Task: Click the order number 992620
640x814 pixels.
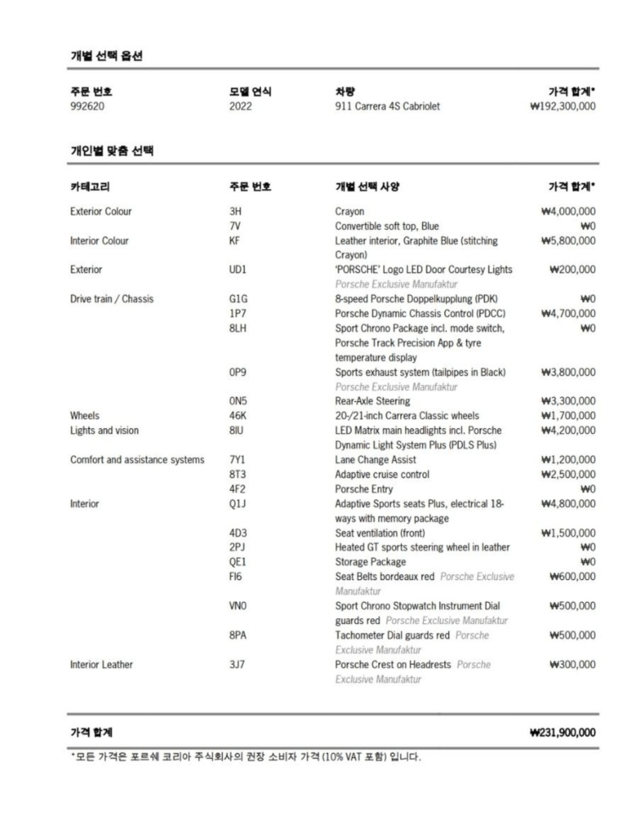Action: coord(87,107)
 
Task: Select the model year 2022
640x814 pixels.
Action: coord(240,107)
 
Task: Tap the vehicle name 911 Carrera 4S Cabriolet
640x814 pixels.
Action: coord(387,107)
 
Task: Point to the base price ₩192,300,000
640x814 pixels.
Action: coord(561,107)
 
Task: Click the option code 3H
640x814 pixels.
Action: coord(235,210)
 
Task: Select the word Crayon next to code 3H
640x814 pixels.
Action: coord(350,210)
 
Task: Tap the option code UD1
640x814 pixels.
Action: coord(238,270)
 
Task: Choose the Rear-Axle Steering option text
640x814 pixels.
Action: coord(373,400)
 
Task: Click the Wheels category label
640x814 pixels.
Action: coord(85,415)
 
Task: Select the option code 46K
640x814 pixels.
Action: coord(238,415)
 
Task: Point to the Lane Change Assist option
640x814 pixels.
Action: coord(376,460)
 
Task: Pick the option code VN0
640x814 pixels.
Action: coord(238,606)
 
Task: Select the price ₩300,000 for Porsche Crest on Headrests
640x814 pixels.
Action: coord(571,665)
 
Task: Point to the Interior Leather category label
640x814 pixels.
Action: coord(102,665)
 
